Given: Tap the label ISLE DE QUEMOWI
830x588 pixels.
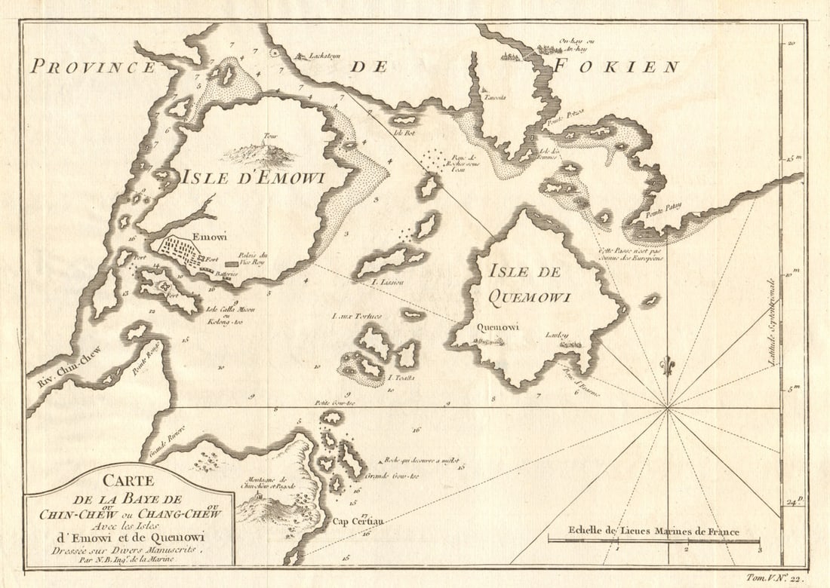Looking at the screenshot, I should coord(527,283).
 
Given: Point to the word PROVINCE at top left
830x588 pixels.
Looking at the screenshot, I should coord(91,66).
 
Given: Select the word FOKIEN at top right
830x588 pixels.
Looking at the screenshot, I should coord(616,66).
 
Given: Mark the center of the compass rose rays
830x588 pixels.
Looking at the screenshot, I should coord(667,409).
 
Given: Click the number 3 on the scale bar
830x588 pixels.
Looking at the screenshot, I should coord(758,550).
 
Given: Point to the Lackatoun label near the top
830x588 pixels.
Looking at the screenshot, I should coord(315,56).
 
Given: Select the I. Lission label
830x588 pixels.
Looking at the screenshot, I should coord(388,282).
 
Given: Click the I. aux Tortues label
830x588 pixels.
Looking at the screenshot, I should coord(356,316).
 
